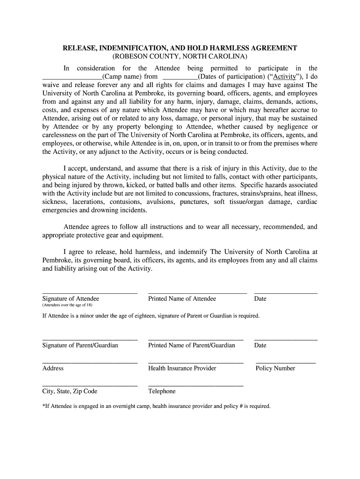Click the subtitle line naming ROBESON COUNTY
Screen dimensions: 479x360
[x=180, y=57]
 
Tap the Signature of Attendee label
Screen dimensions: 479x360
[x=71, y=298]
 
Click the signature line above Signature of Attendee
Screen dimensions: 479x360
[x=90, y=293]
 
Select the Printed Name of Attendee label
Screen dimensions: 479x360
[x=182, y=298]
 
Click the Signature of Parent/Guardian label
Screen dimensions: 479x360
[x=80, y=345]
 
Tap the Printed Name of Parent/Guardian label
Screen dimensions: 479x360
[x=191, y=345]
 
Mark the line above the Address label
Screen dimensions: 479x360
[x=90, y=363]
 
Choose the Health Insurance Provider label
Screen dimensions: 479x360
[x=182, y=368]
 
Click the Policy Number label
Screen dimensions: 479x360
[x=275, y=368]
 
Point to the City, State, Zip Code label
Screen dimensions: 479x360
[x=70, y=391]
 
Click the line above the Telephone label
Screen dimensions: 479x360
[x=195, y=386]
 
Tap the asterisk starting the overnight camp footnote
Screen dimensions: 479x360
[x=43, y=406]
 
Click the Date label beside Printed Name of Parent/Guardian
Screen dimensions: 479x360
[x=260, y=345]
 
